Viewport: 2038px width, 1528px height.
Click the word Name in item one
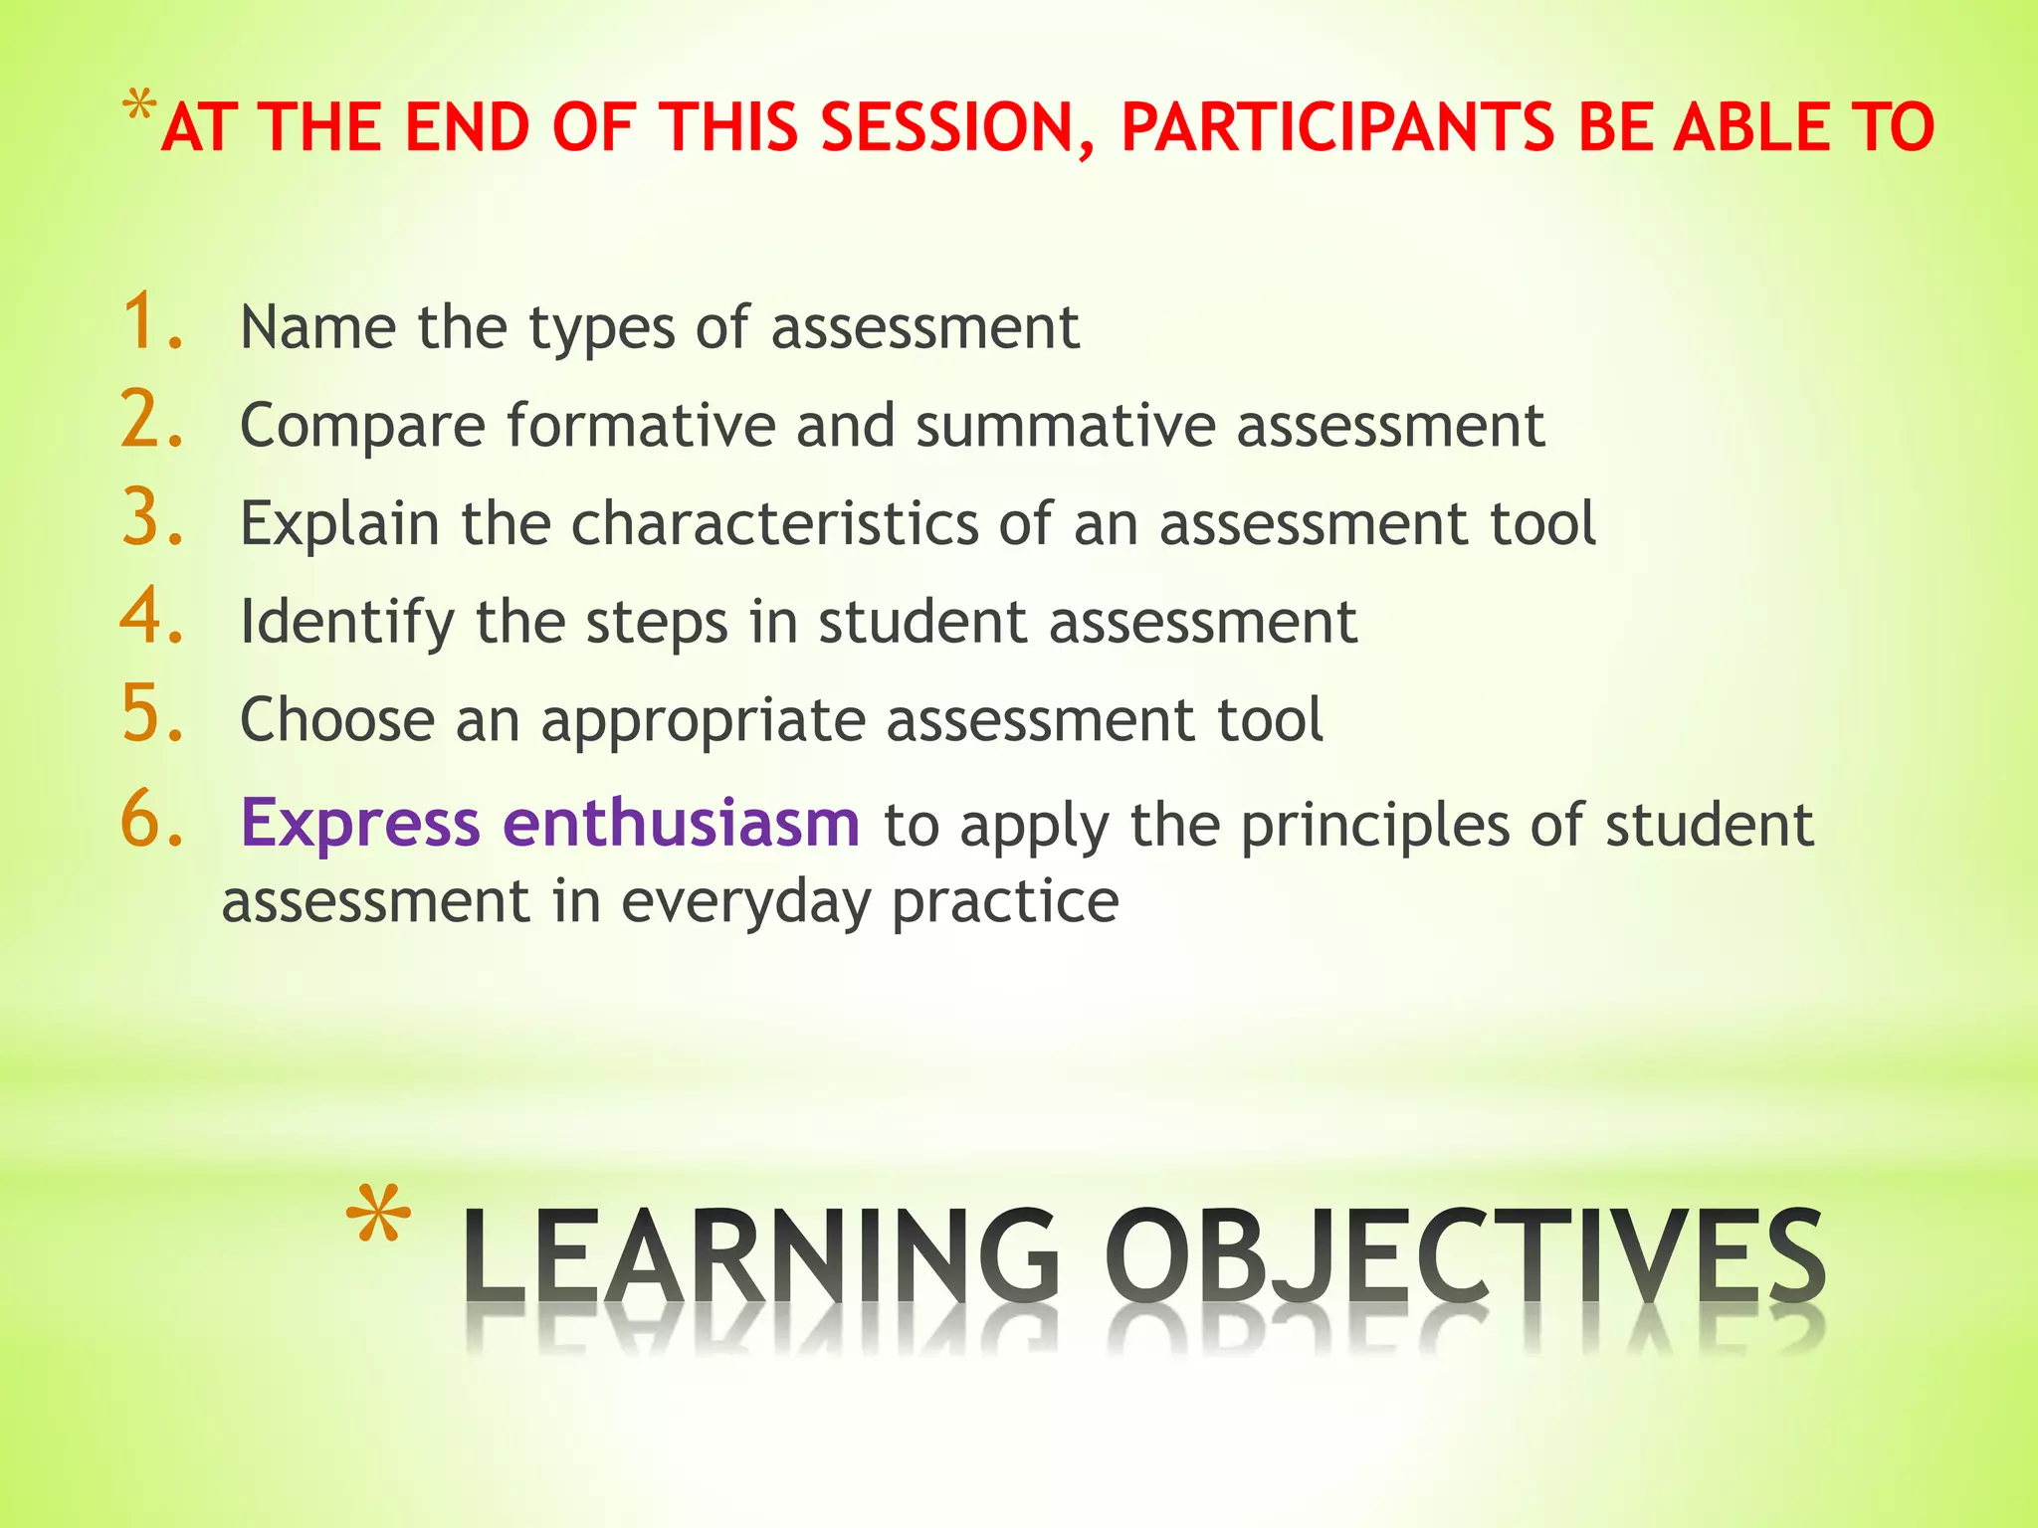point(317,327)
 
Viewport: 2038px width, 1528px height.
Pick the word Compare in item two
point(362,427)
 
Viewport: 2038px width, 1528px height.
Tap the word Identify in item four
point(346,624)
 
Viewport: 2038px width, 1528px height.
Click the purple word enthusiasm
point(681,824)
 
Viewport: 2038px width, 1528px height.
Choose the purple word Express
point(360,826)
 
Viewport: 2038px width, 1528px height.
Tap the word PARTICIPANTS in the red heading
point(1336,129)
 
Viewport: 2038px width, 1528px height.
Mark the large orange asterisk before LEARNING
point(378,1216)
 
